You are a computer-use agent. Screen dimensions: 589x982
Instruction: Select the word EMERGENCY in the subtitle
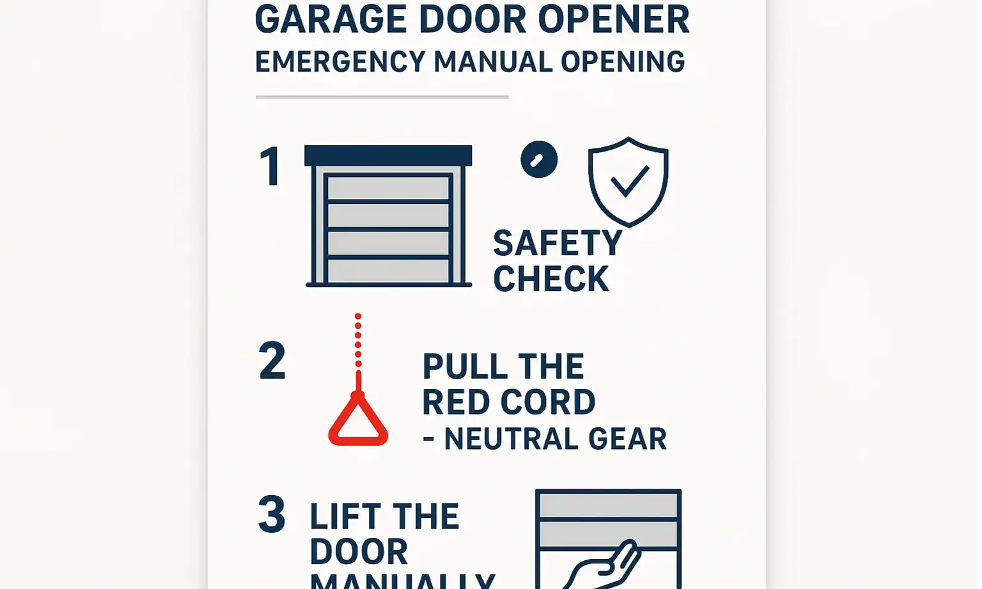point(340,62)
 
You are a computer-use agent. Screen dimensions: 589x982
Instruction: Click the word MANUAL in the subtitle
point(493,62)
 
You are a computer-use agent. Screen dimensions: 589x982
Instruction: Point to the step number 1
point(271,167)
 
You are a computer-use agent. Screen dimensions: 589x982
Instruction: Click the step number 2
point(272,361)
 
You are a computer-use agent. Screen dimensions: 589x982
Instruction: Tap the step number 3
point(272,514)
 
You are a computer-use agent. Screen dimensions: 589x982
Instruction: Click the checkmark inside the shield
point(630,180)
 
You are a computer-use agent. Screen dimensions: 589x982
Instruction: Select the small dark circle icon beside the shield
point(539,159)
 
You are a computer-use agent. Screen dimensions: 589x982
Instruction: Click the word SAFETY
point(557,244)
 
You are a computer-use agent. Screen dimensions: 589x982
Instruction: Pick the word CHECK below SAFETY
point(551,279)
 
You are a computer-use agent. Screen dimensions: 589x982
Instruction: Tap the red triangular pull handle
point(358,422)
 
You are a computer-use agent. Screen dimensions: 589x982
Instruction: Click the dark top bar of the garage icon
point(388,155)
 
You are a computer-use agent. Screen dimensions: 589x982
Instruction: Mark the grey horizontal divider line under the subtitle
point(382,97)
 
